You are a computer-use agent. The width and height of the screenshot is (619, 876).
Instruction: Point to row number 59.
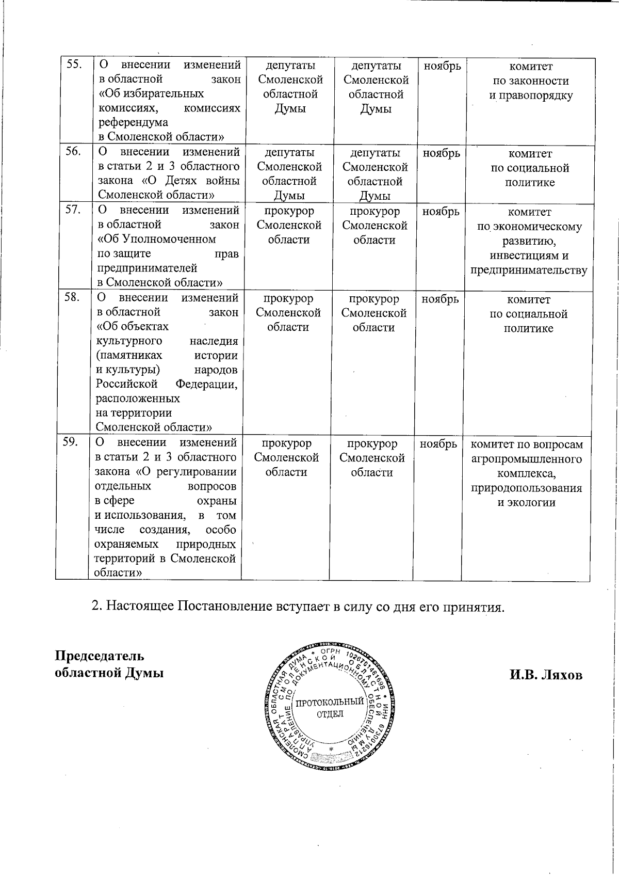point(71,442)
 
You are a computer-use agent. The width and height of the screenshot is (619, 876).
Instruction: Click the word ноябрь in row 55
point(442,66)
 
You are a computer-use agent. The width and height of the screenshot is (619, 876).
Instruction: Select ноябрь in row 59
point(438,443)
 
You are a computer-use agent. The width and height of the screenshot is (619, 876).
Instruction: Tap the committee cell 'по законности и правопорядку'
point(531,81)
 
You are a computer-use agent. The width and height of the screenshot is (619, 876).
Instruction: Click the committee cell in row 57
point(529,241)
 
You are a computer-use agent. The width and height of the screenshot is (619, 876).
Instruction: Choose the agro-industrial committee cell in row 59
point(526,473)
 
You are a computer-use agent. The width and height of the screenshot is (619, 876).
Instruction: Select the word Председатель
point(100,656)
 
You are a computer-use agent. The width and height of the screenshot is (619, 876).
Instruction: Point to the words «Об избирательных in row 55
point(151,93)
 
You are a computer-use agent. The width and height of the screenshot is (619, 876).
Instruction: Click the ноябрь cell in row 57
point(441,212)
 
